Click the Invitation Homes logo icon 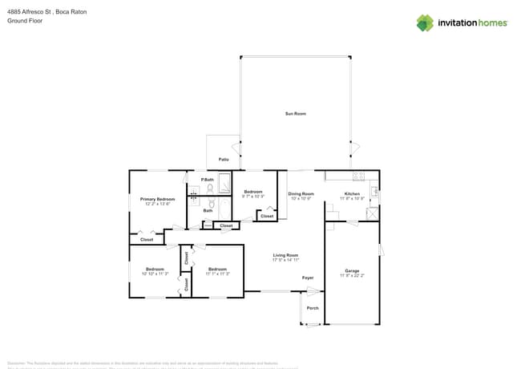pyautogui.click(x=425, y=22)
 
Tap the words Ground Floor pyautogui.click(x=24, y=22)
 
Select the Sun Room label pyautogui.click(x=295, y=114)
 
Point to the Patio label pyautogui.click(x=224, y=160)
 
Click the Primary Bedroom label pyautogui.click(x=157, y=199)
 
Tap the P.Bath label pyautogui.click(x=207, y=179)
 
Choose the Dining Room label pyautogui.click(x=301, y=194)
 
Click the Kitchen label pyautogui.click(x=352, y=194)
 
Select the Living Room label pyautogui.click(x=285, y=255)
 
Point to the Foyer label pyautogui.click(x=307, y=278)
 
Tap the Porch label pyautogui.click(x=313, y=308)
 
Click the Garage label pyautogui.click(x=352, y=270)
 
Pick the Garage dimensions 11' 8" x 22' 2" pyautogui.click(x=352, y=275)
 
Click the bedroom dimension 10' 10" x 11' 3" pyautogui.click(x=155, y=274)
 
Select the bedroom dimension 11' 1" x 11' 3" pyautogui.click(x=217, y=274)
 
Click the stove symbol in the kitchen pyautogui.click(x=357, y=176)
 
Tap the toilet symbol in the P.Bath pyautogui.click(x=210, y=189)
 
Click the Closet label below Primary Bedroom pyautogui.click(x=147, y=239)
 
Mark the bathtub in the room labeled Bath pyautogui.click(x=195, y=203)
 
